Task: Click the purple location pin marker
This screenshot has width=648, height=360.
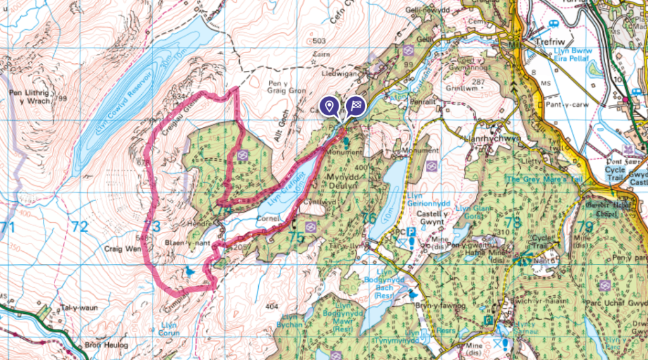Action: click(x=328, y=106)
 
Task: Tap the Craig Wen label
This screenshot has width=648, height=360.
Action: click(x=121, y=250)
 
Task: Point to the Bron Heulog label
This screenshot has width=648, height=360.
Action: click(x=106, y=345)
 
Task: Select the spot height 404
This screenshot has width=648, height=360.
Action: click(x=271, y=307)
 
